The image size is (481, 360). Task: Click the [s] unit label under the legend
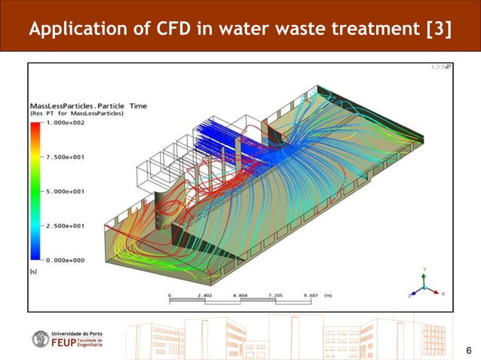pyautogui.click(x=34, y=270)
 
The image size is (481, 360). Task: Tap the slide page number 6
pyautogui.click(x=469, y=350)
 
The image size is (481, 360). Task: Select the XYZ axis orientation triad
pyautogui.click(x=425, y=285)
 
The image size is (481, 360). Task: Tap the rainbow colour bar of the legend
pyautogui.click(x=34, y=191)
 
